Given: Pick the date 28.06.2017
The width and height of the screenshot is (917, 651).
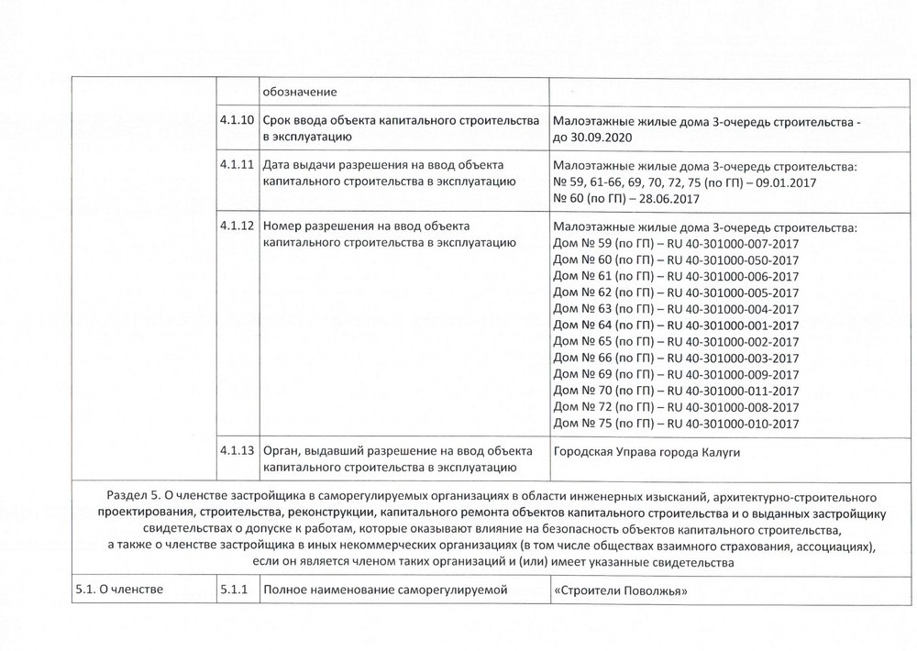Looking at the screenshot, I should pos(671,199).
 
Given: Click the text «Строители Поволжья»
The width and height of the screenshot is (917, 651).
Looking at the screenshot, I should pos(621,590).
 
